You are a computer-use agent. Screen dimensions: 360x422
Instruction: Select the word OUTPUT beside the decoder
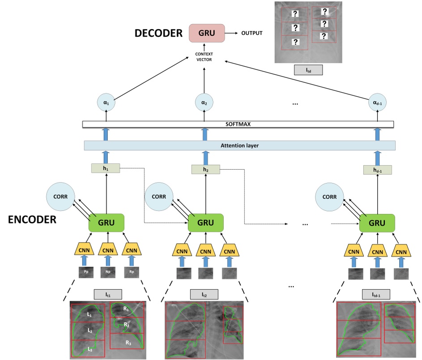click(252, 33)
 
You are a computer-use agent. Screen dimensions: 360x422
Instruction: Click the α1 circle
click(106, 103)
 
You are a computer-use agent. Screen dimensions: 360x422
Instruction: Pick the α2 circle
click(204, 103)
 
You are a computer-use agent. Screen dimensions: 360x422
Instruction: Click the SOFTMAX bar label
click(238, 124)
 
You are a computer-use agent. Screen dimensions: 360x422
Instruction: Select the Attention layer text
click(239, 146)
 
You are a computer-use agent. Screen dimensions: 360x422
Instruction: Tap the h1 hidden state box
click(106, 168)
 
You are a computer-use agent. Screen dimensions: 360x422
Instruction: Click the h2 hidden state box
click(205, 169)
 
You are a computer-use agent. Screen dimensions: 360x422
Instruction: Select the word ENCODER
click(32, 220)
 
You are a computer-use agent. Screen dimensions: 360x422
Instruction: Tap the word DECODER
click(158, 33)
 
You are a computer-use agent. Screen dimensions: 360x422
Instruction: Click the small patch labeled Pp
click(85, 272)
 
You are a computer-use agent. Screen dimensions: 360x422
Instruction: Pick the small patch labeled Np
click(108, 272)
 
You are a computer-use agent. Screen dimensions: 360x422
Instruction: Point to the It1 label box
click(107, 295)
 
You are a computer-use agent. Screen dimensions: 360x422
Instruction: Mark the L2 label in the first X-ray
click(90, 331)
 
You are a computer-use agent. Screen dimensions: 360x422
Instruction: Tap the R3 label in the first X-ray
click(128, 343)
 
